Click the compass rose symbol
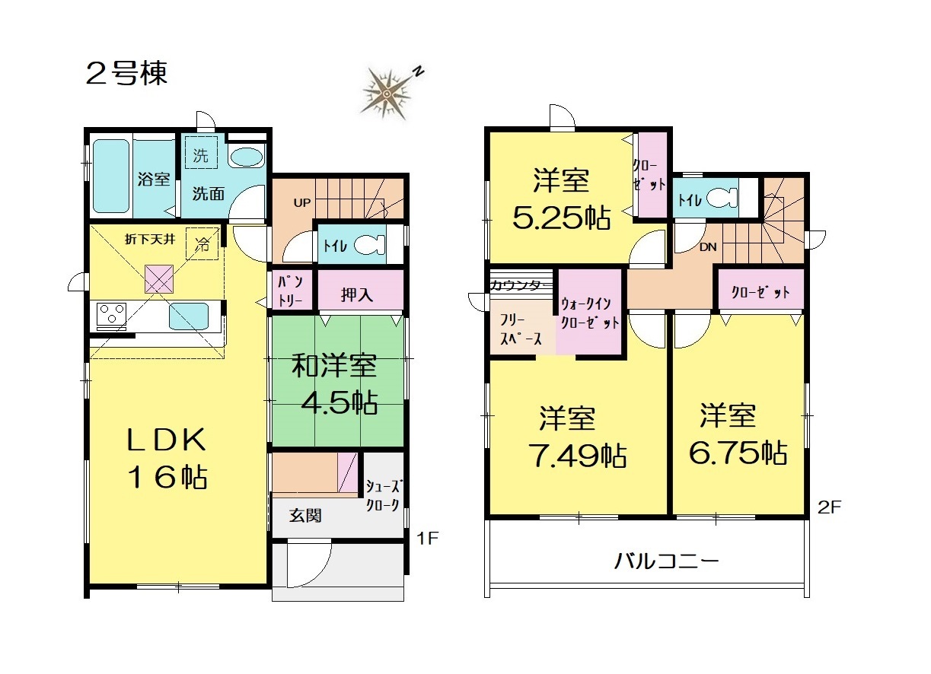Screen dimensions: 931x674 pos(387,94)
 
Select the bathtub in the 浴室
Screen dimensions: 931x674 pos(110,176)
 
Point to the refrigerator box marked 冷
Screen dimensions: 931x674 pos(202,243)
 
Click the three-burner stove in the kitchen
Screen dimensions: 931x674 pos(111,314)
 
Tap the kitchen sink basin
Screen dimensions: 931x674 pos(188,316)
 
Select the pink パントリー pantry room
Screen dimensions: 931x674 pos(291,291)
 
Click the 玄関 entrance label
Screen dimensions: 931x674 pos(305,516)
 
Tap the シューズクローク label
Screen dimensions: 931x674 pos(382,495)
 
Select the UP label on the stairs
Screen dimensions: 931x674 pos(302,203)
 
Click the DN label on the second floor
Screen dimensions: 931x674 pos(708,247)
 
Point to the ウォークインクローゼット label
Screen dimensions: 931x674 pos(590,313)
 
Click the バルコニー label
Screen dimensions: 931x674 pos(667,562)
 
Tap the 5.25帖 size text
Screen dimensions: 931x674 pos(562,218)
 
